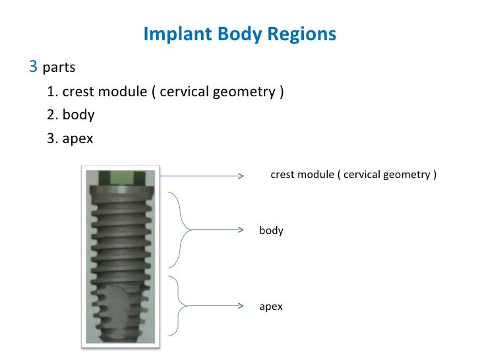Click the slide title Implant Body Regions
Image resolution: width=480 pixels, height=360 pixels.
point(239,34)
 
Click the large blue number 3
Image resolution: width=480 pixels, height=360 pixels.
point(33,67)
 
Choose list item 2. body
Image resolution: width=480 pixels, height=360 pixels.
point(71,115)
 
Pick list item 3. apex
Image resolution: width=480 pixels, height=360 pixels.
point(71,138)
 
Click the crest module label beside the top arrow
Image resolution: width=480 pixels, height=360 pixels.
point(353,175)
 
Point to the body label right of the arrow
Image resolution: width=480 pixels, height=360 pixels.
point(271,230)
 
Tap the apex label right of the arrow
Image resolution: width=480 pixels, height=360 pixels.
point(271,307)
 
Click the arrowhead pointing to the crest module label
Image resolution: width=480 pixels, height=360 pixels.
point(242,175)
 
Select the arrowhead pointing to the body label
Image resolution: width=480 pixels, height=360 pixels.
point(242,230)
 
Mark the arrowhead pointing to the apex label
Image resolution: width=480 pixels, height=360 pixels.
point(242,306)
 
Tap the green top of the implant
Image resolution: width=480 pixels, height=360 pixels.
point(119,177)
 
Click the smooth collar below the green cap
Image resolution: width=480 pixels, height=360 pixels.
point(119,193)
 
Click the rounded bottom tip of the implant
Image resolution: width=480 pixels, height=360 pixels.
point(119,335)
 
